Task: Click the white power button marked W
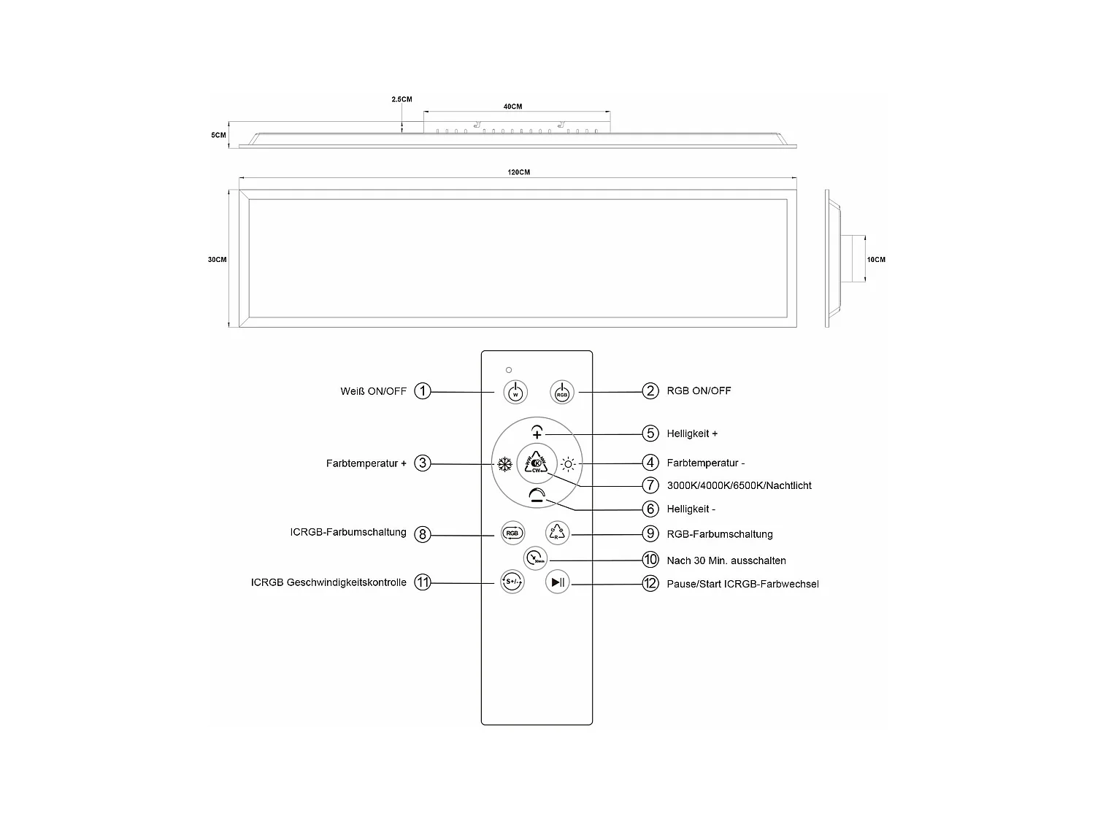coord(515,393)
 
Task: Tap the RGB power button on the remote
coord(561,393)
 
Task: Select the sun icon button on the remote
coord(568,464)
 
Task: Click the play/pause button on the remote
coord(558,582)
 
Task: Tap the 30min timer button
coord(535,558)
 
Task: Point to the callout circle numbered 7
coord(650,485)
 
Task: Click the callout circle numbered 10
coord(650,559)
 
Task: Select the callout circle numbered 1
coord(423,391)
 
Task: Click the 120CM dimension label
coord(519,172)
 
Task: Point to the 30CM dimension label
coord(217,259)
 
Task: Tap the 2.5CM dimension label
coord(401,99)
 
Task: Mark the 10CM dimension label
coord(876,259)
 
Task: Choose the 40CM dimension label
coord(513,106)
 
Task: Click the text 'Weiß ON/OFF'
coord(373,391)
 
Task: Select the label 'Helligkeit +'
coord(692,433)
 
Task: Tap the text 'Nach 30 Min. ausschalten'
coord(726,560)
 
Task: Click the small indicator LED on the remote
coord(509,370)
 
